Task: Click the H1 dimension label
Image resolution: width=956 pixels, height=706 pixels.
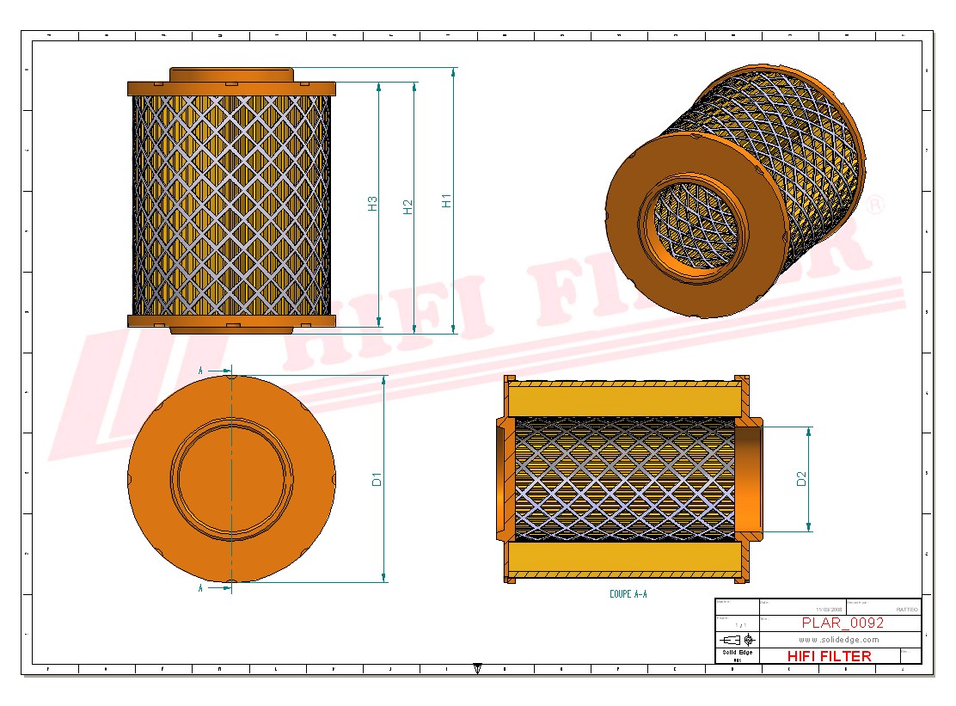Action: point(446,200)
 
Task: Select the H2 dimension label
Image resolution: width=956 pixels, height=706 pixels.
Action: point(408,206)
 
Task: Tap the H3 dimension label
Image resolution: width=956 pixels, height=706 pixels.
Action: point(372,204)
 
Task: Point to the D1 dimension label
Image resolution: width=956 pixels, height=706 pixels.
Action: point(377,479)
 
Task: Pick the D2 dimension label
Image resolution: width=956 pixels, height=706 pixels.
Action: point(801,479)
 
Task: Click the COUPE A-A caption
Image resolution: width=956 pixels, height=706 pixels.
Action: point(628,594)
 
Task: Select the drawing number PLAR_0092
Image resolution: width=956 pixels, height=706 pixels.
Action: point(843,623)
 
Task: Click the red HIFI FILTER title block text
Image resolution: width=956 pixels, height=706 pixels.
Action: point(829,656)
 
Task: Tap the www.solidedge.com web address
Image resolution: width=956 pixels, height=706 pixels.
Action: point(838,640)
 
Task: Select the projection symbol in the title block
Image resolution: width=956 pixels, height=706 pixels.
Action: point(737,640)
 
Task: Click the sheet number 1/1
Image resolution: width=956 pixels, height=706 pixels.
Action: point(739,625)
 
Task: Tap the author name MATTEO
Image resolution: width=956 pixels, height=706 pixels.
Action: point(906,609)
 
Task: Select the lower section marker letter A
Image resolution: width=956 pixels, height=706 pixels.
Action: point(200,589)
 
